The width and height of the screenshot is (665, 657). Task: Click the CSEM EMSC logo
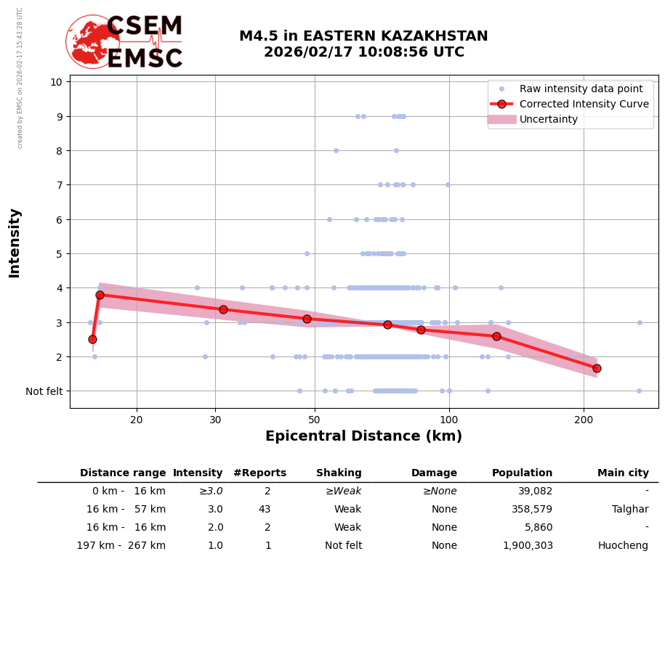pyautogui.click(x=124, y=42)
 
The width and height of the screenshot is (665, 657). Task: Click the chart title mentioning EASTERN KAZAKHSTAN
pyautogui.click(x=363, y=44)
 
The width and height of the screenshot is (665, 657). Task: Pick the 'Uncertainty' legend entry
pyautogui.click(x=549, y=119)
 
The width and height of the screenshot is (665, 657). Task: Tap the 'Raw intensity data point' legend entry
pyautogui.click(x=581, y=89)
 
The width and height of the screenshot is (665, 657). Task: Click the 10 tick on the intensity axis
pyautogui.click(x=56, y=81)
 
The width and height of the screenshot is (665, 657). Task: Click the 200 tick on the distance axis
pyautogui.click(x=584, y=419)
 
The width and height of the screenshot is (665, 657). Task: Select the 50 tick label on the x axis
pyautogui.click(x=314, y=419)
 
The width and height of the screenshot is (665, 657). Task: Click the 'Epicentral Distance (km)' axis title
pyautogui.click(x=363, y=436)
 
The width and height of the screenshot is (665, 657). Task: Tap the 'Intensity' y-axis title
pyautogui.click(x=15, y=242)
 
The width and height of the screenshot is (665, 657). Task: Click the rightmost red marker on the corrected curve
pyautogui.click(x=597, y=368)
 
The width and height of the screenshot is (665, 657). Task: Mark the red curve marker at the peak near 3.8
pyautogui.click(x=100, y=295)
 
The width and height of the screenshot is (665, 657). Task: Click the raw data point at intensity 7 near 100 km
pyautogui.click(x=448, y=184)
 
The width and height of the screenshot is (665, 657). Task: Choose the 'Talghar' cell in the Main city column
pyautogui.click(x=630, y=510)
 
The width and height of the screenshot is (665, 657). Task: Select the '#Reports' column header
pyautogui.click(x=259, y=473)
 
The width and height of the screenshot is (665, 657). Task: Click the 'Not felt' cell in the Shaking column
pyautogui.click(x=343, y=546)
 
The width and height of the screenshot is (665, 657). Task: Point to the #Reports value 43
pyautogui.click(x=265, y=510)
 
